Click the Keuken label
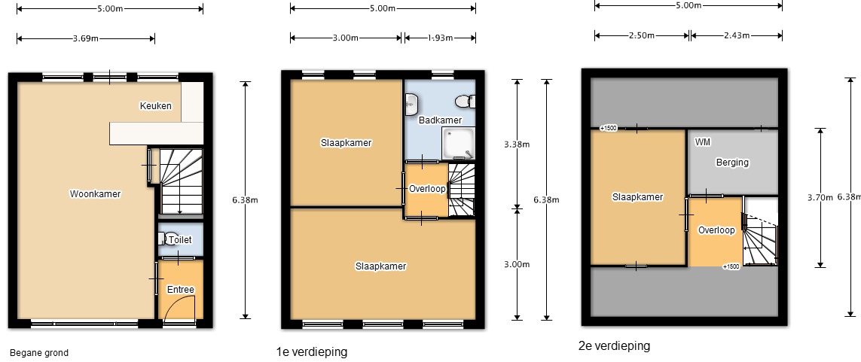pyautogui.click(x=155, y=106)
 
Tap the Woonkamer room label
pyautogui.click(x=95, y=193)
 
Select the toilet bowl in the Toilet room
pyautogui.click(x=167, y=239)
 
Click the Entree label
pyautogui.click(x=181, y=290)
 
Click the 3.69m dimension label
pyautogui.click(x=86, y=38)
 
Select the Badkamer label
pyautogui.click(x=440, y=120)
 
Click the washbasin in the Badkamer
pyautogui.click(x=411, y=105)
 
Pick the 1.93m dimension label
pyautogui.click(x=441, y=38)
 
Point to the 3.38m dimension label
pyautogui.click(x=517, y=144)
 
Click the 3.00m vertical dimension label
pyautogui.click(x=517, y=264)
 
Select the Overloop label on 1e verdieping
pyautogui.click(x=427, y=189)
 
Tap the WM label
pyautogui.click(x=703, y=142)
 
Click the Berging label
pyautogui.click(x=732, y=163)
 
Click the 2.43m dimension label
pyautogui.click(x=737, y=35)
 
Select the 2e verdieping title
pyautogui.click(x=614, y=346)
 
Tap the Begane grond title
pyautogui.click(x=39, y=353)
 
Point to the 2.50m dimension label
pyautogui.click(x=641, y=35)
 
